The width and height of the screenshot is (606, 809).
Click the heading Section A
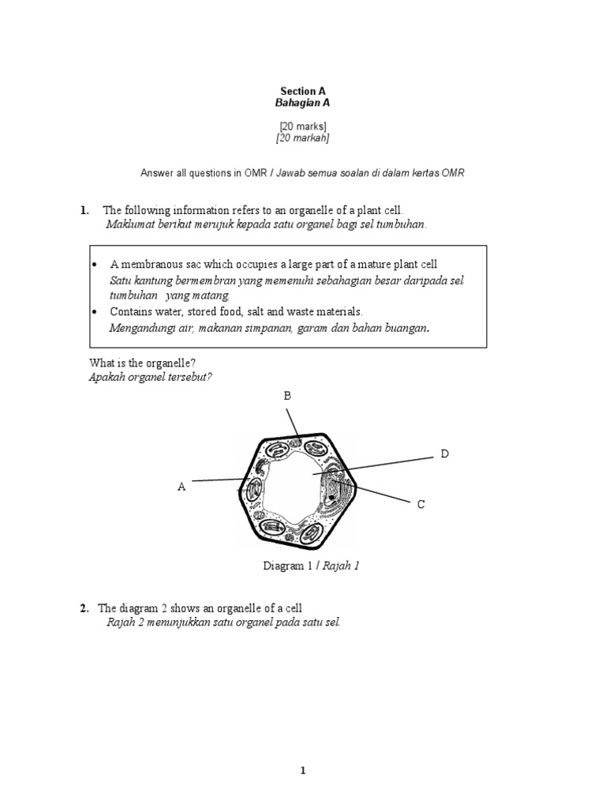point(303,92)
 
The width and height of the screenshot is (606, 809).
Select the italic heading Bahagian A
point(303,103)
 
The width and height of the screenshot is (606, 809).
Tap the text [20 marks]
point(303,126)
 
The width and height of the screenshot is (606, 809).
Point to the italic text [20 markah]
point(303,138)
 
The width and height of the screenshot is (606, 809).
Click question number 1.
point(84,210)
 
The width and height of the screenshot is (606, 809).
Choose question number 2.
point(84,608)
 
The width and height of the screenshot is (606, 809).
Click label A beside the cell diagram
point(181,487)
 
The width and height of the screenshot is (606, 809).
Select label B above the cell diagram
point(287,396)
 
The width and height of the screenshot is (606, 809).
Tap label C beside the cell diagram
point(421,504)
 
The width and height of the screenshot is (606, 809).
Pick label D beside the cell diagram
point(444,454)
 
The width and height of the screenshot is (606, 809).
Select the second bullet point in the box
point(95,312)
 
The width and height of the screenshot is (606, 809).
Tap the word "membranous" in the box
point(147,264)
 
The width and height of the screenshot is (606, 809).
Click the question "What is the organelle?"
point(143,363)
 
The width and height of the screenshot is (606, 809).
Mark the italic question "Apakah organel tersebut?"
point(151,376)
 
